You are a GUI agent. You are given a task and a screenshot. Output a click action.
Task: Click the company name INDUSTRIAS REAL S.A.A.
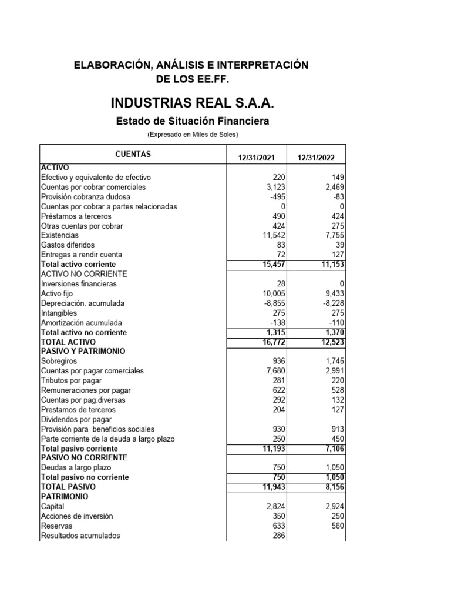192,103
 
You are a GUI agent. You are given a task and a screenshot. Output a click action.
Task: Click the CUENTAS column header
133,154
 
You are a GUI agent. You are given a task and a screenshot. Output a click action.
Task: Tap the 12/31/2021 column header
257,158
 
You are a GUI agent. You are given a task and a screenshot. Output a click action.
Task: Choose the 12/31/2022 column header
316,158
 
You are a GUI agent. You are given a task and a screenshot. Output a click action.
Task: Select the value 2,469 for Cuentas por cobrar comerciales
332,187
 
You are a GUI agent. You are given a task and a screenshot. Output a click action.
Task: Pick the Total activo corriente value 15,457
271,265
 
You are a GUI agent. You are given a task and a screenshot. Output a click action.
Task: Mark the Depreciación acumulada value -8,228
331,303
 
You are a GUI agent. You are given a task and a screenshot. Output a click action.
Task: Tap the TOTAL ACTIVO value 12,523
330,342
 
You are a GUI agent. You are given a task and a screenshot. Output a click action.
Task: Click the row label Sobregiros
58,361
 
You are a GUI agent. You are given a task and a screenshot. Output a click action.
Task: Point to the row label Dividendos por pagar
76,419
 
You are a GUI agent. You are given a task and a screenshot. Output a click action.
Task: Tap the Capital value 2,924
332,506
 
